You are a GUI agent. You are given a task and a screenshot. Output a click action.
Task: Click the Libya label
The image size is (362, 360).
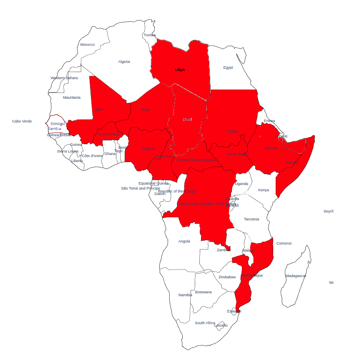coord(180,70)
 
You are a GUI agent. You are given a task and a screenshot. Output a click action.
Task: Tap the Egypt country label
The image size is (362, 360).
coord(228,67)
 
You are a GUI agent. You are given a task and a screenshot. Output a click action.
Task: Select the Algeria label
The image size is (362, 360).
coord(124,62)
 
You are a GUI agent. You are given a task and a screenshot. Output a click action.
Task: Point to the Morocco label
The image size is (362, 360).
coord(88,45)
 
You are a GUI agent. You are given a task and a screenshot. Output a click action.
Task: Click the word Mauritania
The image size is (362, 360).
coord(72,97)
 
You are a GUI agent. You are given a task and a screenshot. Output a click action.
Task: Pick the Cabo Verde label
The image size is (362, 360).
coord(22,121)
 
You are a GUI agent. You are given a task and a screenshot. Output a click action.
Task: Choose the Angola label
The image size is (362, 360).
coord(184,241)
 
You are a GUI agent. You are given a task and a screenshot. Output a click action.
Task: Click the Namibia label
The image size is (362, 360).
coord(185,295)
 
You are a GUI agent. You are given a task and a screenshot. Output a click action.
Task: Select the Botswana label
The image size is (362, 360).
coord(204,292)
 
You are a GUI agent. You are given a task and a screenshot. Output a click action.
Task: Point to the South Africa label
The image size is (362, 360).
coord(205,323)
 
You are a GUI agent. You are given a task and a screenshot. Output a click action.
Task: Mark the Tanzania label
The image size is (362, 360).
coord(251,219)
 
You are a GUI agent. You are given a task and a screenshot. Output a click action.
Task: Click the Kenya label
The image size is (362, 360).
coord(264,190)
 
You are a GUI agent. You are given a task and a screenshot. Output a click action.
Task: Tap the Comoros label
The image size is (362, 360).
coord(284,243)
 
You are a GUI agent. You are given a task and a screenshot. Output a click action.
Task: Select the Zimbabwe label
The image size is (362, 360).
coord(227,277)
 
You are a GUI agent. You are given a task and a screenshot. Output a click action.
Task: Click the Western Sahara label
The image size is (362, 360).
coord(64,78)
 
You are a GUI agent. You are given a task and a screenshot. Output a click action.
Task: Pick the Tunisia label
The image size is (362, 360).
coord(150,35)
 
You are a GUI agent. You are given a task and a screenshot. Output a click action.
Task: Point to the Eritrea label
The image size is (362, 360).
coord(269,121)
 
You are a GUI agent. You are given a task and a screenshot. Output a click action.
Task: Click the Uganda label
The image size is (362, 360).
coord(241,184)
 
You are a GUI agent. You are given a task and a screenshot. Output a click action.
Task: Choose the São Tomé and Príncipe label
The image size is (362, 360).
coord(141,188)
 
